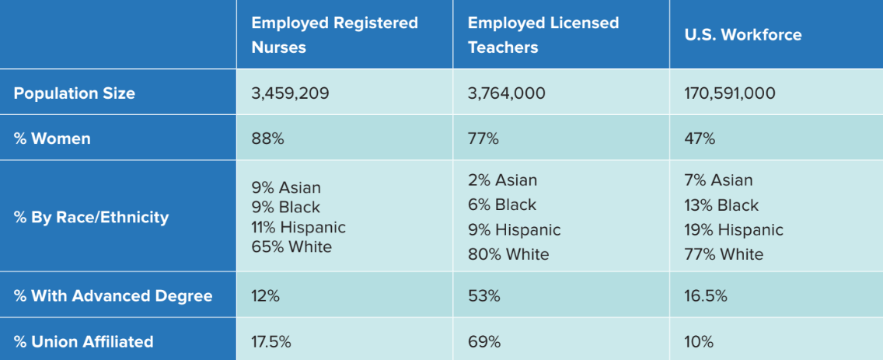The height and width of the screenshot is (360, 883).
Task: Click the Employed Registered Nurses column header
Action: (334, 35)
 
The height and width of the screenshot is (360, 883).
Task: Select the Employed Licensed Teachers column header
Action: (543, 35)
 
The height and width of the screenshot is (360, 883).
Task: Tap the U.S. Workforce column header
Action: (742, 35)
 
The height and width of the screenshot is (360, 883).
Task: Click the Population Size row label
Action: (75, 93)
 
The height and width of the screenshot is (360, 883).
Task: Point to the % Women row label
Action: (52, 139)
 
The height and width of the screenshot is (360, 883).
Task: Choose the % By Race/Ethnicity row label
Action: (91, 217)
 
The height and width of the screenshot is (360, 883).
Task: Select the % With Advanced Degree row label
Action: (113, 296)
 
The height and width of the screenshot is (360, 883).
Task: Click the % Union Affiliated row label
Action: (83, 341)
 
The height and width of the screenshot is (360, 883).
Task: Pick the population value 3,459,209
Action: (290, 93)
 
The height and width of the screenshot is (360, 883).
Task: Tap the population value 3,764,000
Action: (506, 93)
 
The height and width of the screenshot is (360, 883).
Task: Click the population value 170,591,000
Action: (730, 93)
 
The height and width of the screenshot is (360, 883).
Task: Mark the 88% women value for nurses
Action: (267, 139)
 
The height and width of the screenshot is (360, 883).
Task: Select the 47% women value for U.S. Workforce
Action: (700, 139)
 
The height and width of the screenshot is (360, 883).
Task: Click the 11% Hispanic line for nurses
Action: (298, 228)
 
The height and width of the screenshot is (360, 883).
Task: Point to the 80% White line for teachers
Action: (508, 254)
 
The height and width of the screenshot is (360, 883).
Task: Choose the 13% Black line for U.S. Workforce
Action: (721, 205)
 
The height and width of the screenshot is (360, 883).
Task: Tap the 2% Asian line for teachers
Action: (502, 180)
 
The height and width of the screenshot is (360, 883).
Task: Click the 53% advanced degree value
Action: (483, 296)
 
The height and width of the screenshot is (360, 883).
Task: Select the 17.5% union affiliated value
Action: (271, 341)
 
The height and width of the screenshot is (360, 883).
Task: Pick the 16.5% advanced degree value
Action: (706, 296)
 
